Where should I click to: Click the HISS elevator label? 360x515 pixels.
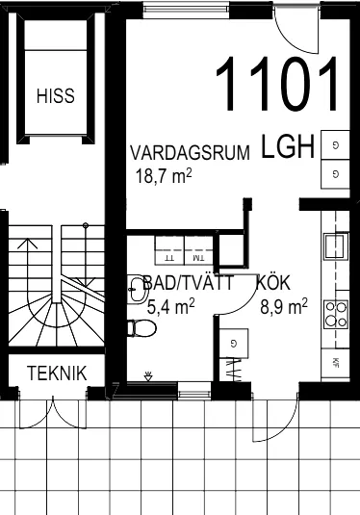point(54,96)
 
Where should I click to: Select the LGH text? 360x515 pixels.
point(287,147)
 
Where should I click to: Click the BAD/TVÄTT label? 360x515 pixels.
point(189,284)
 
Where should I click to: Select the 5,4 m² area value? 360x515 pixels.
point(171,306)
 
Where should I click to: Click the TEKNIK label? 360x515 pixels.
point(57,373)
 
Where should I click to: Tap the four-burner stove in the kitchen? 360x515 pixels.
point(336,313)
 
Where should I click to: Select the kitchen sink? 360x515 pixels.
point(334,245)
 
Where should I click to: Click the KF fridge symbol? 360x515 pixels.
point(336,363)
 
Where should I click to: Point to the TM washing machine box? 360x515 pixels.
point(198,257)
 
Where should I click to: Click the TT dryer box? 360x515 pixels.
point(169,257)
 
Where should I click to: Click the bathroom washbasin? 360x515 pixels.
point(135,286)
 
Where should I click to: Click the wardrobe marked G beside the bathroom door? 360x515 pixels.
point(234,343)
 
